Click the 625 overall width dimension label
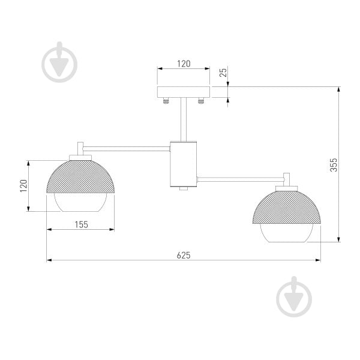[x=184, y=256]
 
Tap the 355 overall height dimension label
[x=334, y=165]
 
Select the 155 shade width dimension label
[x=81, y=224]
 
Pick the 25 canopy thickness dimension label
[x=223, y=73]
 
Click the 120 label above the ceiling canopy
[x=184, y=64]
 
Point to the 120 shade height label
[x=23, y=186]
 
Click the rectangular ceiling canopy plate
[x=184, y=92]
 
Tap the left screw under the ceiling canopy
[x=166, y=101]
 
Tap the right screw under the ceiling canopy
[x=201, y=101]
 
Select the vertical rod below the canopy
[x=184, y=119]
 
